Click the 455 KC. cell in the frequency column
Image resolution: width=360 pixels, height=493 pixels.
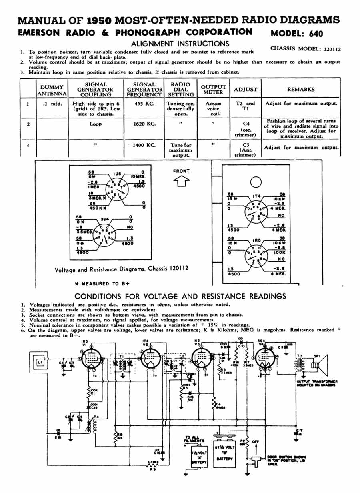tap(144, 104)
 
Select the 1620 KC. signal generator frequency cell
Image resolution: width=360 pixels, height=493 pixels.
tap(144, 124)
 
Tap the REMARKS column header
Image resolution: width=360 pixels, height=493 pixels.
tap(301, 90)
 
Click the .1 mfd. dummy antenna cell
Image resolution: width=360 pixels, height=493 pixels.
tap(52, 104)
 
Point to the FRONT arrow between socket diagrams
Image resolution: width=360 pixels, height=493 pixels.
tap(181, 182)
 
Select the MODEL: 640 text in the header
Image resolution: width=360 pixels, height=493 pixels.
tap(297, 34)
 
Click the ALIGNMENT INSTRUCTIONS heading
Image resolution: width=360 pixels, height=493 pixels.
tap(180, 44)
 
